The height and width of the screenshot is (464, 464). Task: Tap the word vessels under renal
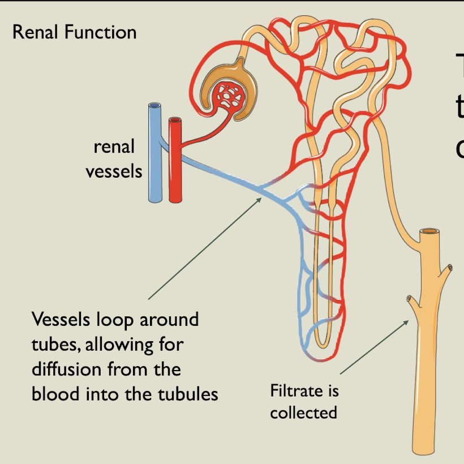[114, 170]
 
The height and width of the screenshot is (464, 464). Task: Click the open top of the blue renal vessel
[154, 106]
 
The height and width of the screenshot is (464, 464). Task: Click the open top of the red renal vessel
[175, 120]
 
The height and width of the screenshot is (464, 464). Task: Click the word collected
[303, 413]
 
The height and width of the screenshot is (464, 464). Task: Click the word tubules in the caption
[188, 394]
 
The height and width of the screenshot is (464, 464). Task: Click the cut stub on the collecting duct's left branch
[409, 298]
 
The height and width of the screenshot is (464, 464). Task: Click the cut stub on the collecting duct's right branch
[450, 267]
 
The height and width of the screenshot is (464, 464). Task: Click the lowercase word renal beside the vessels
[114, 147]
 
